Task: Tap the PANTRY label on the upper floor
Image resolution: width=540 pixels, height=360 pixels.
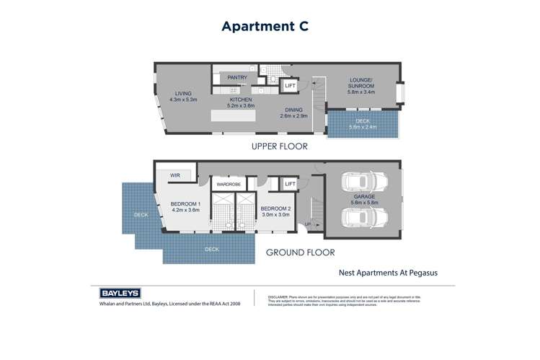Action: click(x=237, y=77)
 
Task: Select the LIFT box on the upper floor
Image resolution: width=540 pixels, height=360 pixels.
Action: click(x=290, y=86)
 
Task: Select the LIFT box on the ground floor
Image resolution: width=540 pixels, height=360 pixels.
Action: click(x=290, y=185)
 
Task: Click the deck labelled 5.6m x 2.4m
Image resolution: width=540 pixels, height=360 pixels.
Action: click(x=362, y=123)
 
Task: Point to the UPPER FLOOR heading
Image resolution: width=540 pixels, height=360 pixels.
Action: click(x=279, y=146)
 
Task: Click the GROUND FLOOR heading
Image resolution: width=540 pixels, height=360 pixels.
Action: click(x=301, y=253)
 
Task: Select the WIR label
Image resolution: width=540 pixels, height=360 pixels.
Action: click(x=175, y=175)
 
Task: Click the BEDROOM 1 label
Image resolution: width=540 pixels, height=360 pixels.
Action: click(x=185, y=206)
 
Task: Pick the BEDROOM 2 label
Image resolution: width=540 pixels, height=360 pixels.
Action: click(x=275, y=211)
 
